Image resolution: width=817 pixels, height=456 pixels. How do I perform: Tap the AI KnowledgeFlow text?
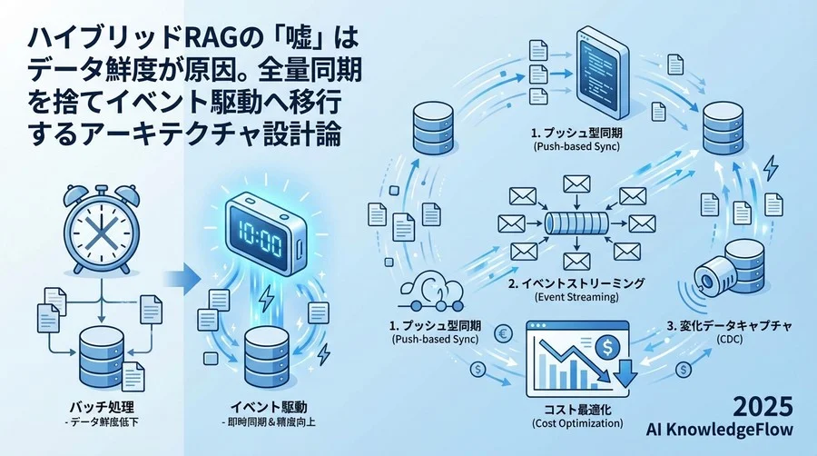tap(720, 430)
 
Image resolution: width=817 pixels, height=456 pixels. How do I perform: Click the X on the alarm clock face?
tap(101, 229)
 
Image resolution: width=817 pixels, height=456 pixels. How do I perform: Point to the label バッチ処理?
tap(102, 406)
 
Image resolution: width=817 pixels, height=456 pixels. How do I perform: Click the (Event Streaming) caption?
tap(576, 298)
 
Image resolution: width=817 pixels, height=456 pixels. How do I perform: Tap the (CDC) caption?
tap(730, 340)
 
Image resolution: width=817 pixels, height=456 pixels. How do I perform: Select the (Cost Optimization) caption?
tap(577, 423)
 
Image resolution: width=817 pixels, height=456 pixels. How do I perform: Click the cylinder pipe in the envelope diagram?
tap(576, 223)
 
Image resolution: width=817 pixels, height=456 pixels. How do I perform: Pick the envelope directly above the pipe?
tap(576, 184)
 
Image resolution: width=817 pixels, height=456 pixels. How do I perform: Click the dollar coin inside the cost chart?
tap(606, 348)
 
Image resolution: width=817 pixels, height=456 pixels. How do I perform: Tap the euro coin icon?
tap(504, 333)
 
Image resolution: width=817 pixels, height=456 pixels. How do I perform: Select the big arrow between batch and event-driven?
tap(182, 280)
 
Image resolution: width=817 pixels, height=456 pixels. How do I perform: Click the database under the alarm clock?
tap(102, 355)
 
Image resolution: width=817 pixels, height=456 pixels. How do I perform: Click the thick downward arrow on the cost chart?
tap(625, 372)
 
